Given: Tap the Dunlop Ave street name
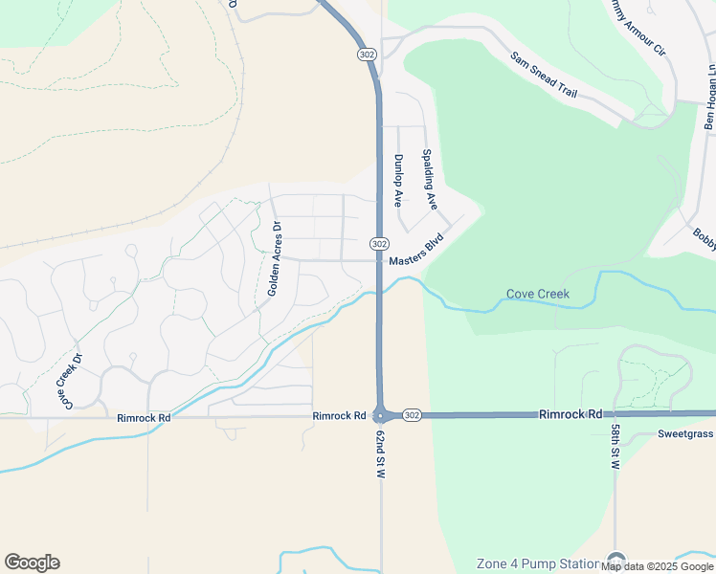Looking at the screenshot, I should click(x=398, y=181).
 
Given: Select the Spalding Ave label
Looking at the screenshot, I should click(x=430, y=180).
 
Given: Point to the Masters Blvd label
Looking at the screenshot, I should click(x=416, y=252).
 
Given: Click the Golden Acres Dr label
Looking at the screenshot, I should click(x=276, y=258).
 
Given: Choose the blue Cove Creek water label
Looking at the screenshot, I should click(x=537, y=295).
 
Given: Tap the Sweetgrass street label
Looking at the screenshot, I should click(x=685, y=433).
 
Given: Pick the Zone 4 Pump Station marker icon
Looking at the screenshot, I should click(x=615, y=563).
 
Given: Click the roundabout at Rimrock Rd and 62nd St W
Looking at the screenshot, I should click(x=381, y=415).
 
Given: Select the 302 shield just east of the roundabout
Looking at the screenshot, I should click(x=412, y=415).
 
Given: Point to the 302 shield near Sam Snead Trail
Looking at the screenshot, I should click(x=367, y=55).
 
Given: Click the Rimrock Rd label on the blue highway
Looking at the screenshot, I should click(x=571, y=414).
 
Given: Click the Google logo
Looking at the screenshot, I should click(x=32, y=563).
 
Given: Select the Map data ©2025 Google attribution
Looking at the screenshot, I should click(x=658, y=566).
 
